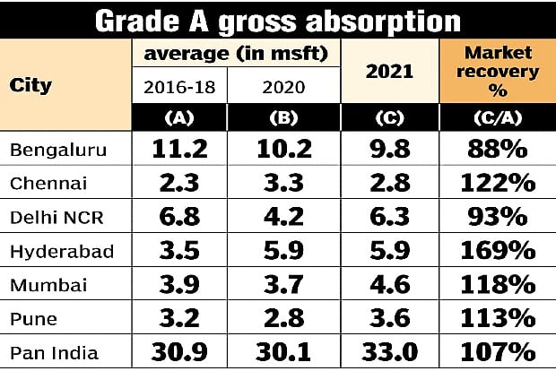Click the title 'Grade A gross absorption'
pyautogui.click(x=278, y=20)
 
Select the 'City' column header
pyautogui.click(x=30, y=86)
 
